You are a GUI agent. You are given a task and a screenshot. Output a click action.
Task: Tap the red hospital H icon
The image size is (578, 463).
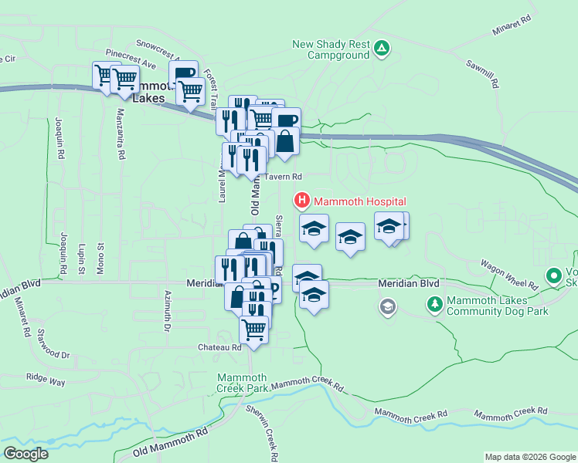click(x=302, y=201)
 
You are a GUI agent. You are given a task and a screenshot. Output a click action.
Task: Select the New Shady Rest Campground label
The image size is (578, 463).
click(x=331, y=49)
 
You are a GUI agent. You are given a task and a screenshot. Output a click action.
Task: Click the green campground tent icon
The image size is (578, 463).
click(x=381, y=49)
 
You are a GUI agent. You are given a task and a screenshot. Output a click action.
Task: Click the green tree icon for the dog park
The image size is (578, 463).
click(x=436, y=306)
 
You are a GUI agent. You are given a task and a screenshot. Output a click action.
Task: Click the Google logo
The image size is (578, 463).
click(x=25, y=454)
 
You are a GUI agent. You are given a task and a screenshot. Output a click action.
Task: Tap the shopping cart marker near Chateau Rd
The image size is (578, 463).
click(x=253, y=330)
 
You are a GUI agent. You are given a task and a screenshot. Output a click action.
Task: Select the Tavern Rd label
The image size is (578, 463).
click(x=284, y=177)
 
